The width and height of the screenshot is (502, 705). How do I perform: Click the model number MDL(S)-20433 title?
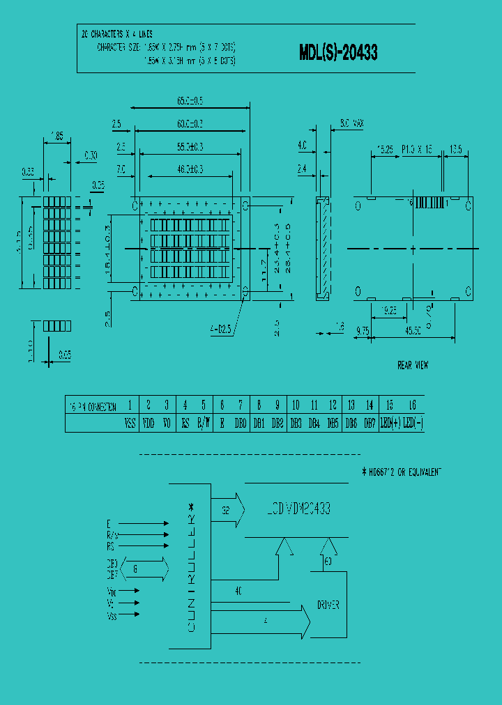click(338, 52)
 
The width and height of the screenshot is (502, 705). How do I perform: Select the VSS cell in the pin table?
click(130, 423)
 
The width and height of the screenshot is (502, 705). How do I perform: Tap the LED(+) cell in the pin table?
click(389, 423)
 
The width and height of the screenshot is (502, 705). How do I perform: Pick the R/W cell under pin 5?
click(203, 423)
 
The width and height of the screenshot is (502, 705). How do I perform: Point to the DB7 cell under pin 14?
click(370, 423)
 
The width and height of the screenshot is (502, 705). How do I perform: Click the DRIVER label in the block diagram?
click(328, 605)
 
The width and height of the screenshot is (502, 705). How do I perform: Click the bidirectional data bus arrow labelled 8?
click(145, 568)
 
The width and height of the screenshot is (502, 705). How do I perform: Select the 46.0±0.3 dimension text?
click(190, 169)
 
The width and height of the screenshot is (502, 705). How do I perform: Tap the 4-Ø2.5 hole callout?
click(223, 328)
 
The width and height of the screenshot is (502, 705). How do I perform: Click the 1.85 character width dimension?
click(56, 137)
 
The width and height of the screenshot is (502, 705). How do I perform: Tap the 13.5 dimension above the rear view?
click(457, 149)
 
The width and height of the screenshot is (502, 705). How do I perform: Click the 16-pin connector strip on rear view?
click(429, 202)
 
